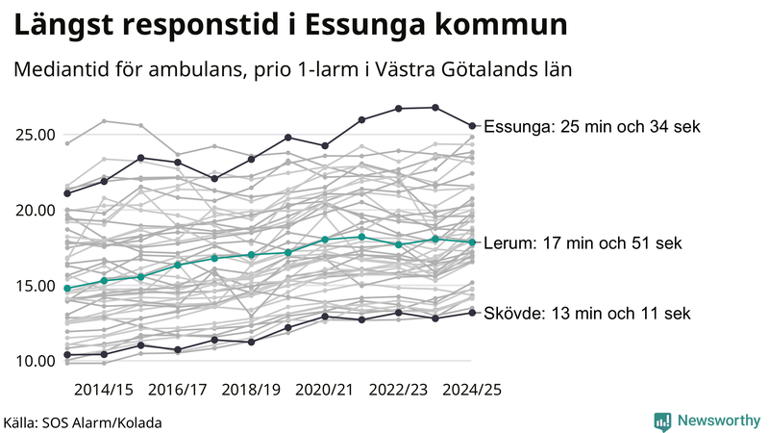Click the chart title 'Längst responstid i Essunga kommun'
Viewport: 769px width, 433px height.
(x=289, y=26)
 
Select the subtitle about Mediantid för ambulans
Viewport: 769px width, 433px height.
(x=293, y=70)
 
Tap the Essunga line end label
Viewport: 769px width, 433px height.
(x=592, y=127)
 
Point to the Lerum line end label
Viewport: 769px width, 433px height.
(x=583, y=243)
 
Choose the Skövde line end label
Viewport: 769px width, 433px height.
(x=586, y=314)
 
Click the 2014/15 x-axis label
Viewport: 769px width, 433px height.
(x=104, y=390)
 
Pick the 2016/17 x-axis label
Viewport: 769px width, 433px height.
(x=178, y=390)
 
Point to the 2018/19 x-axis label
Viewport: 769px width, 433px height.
(x=252, y=390)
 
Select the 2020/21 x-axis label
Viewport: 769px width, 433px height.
(x=325, y=390)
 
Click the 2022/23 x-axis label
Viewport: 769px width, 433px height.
(x=399, y=390)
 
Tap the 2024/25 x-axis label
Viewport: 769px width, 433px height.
(x=471, y=390)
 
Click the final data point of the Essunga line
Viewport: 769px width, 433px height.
(x=472, y=125)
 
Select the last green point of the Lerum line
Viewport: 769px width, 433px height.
(x=472, y=242)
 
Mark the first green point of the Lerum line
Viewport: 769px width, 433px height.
(x=67, y=289)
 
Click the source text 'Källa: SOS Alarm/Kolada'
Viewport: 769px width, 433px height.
(x=83, y=422)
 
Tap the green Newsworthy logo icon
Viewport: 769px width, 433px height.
(x=662, y=420)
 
